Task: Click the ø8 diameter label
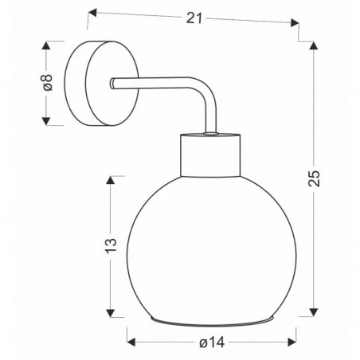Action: [x=47, y=83]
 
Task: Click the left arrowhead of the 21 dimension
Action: [x=91, y=12]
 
